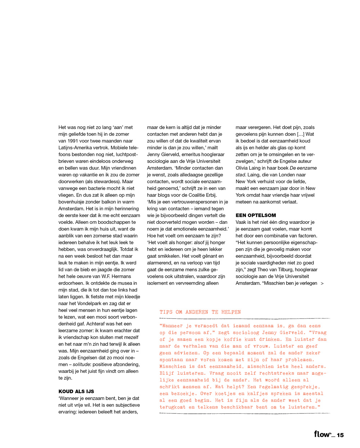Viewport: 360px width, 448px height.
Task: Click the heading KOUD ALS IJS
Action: pyautogui.click(x=76, y=391)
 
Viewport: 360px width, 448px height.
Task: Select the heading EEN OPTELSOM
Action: pyautogui.click(x=256, y=215)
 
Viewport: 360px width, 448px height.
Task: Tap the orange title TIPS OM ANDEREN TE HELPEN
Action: pyautogui.click(x=200, y=312)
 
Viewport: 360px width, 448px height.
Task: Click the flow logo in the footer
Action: pyautogui.click(x=323, y=434)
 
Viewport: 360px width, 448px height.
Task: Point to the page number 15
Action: pyautogui.click(x=340, y=435)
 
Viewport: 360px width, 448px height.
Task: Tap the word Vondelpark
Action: pyautogui.click(x=86, y=303)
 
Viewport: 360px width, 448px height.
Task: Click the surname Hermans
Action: pyautogui.click(x=122, y=276)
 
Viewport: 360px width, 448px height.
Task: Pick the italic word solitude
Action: pyautogui.click(x=82, y=365)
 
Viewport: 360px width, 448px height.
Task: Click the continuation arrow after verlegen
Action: pyautogui.click(x=322, y=283)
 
